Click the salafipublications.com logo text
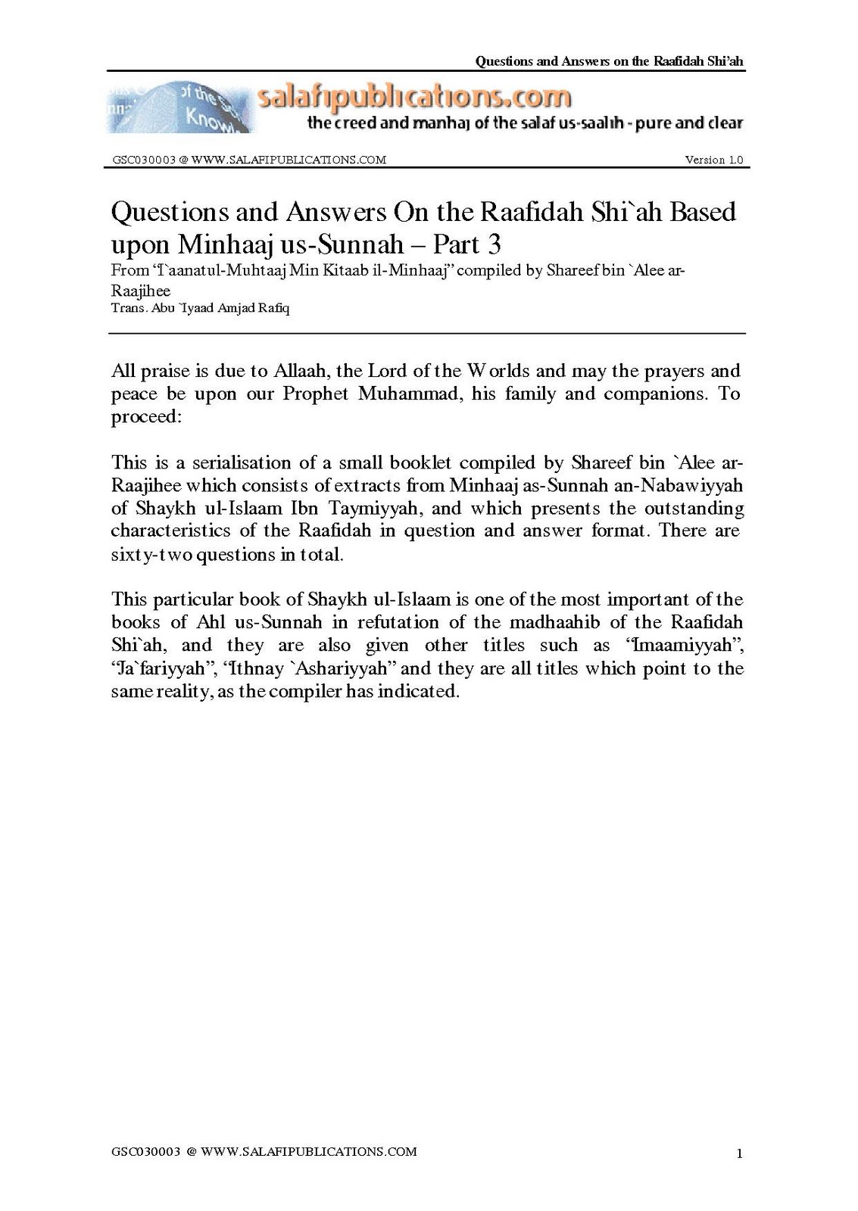413,98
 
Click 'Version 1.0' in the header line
713,160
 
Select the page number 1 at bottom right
739,1154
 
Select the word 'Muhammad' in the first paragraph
409,394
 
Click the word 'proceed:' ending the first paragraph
146,417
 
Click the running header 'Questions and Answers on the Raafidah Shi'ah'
610,61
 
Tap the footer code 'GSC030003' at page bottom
145,1152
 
